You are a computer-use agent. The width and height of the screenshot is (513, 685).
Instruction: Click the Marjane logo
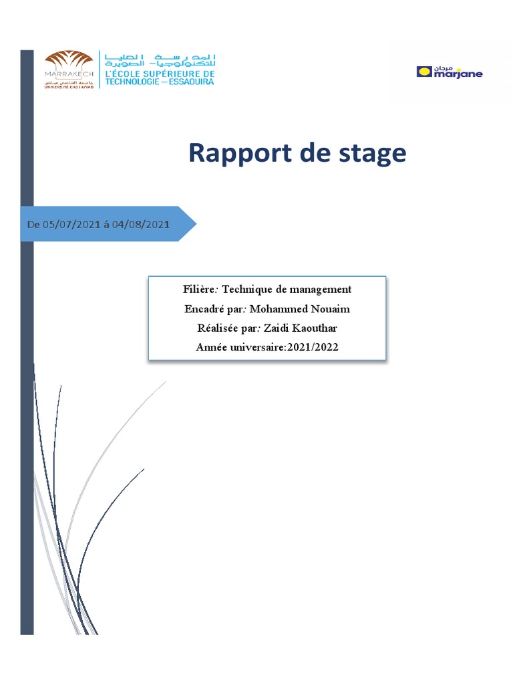click(x=449, y=72)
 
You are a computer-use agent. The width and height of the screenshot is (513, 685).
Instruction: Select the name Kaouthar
click(x=314, y=328)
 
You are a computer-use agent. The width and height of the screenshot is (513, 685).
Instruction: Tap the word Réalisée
click(x=208, y=328)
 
